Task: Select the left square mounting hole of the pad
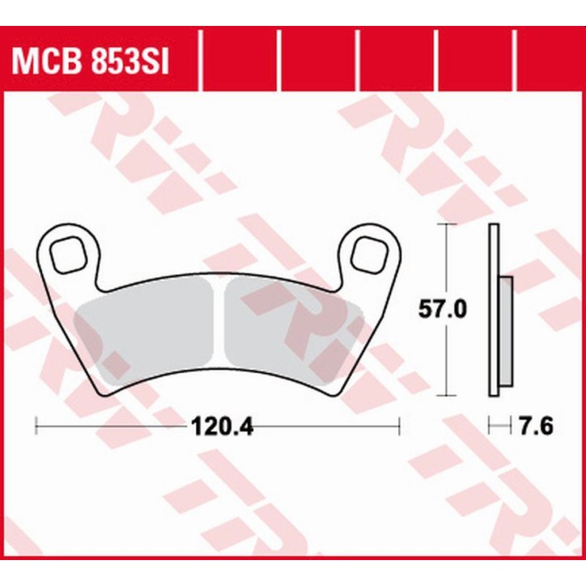point(67,254)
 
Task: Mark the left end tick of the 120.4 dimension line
point(37,424)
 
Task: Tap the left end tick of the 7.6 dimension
point(490,424)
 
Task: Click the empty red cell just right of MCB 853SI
point(238,61)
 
